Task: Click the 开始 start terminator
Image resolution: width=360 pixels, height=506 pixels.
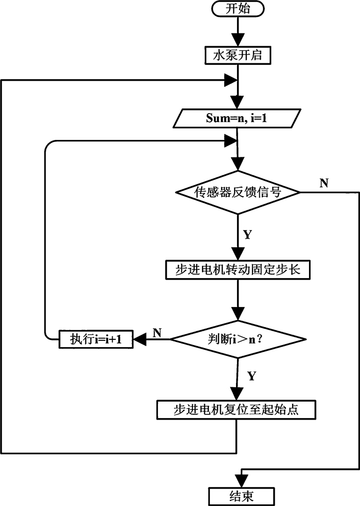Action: tap(237, 9)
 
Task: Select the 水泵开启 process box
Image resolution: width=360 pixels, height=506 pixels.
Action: tap(237, 55)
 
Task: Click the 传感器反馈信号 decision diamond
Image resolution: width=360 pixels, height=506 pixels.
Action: tap(237, 193)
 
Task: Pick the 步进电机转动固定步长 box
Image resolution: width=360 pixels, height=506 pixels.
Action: tap(237, 270)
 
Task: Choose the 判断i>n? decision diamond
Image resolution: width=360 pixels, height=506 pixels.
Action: tap(237, 338)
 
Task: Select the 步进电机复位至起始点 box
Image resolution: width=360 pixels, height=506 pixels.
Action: tap(237, 410)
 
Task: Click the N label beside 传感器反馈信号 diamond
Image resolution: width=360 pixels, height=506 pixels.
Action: tap(324, 184)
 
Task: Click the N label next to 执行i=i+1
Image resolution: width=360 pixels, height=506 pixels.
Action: tap(157, 332)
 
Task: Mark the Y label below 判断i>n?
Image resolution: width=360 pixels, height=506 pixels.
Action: tap(251, 375)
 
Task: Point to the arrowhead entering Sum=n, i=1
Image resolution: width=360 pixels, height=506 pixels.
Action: tap(237, 102)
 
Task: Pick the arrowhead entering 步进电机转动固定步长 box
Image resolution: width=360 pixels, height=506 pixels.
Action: tap(237, 255)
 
